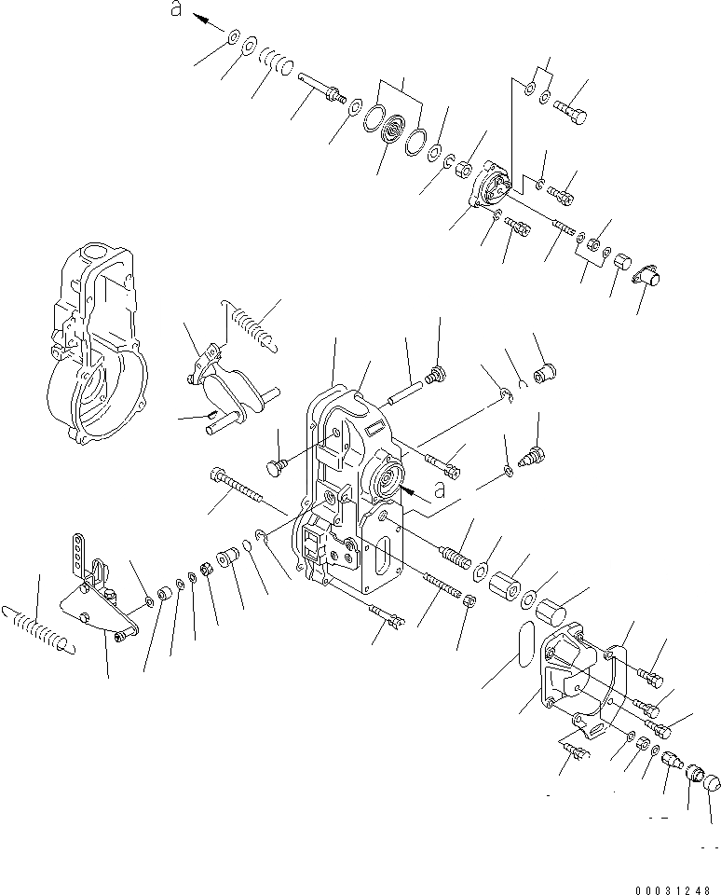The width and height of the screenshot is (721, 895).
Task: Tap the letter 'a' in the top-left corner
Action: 174,9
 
